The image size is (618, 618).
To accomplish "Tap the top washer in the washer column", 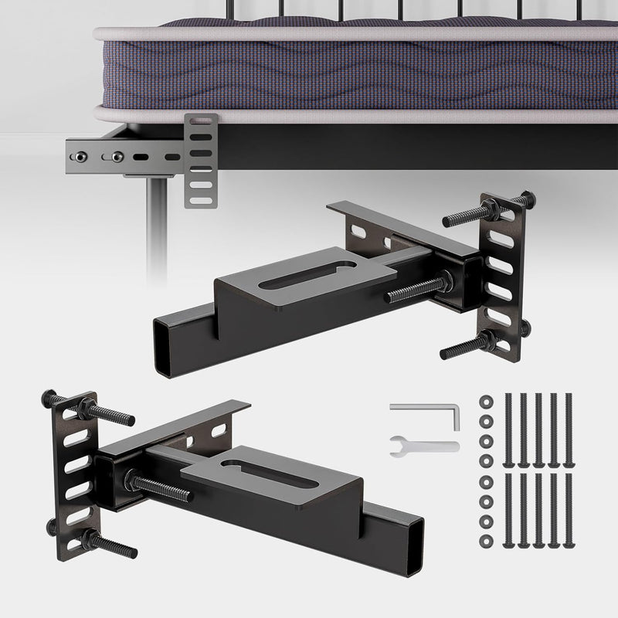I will (487, 400).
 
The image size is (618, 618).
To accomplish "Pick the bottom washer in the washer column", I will (487, 538).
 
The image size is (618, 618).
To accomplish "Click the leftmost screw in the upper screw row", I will (508, 429).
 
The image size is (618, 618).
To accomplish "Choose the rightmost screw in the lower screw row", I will (569, 510).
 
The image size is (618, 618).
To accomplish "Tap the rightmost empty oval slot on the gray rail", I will (167, 154).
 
